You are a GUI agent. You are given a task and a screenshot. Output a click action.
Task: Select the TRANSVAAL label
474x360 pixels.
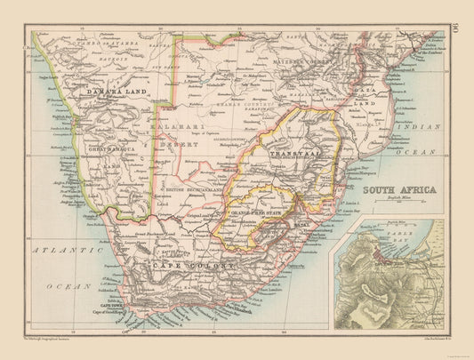click(283, 155)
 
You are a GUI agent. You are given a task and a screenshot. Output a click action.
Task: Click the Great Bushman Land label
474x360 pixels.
click(147, 231)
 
